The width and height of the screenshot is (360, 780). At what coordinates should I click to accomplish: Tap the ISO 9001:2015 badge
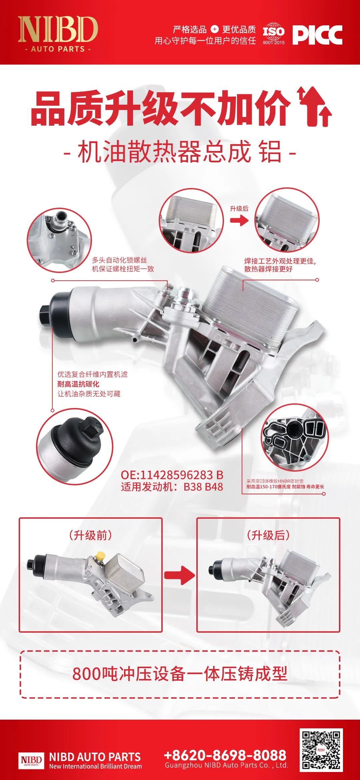click(x=274, y=34)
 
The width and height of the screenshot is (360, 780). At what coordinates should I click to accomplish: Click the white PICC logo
click(x=317, y=35)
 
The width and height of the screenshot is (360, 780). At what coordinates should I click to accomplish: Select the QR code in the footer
click(x=321, y=749)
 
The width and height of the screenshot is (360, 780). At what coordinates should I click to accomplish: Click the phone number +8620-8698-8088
click(x=225, y=755)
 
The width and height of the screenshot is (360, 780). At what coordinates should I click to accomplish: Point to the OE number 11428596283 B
click(x=172, y=475)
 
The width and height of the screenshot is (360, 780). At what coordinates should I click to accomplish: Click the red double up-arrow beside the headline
click(x=315, y=107)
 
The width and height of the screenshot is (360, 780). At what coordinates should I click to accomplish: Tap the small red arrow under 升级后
click(x=239, y=220)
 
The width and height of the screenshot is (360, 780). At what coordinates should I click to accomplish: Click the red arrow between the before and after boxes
click(x=179, y=575)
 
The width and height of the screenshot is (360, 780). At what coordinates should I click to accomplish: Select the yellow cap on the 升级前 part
click(x=100, y=556)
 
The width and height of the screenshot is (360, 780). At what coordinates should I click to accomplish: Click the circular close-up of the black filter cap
click(x=75, y=447)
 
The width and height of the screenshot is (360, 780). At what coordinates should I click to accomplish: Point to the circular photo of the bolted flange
click(x=59, y=240)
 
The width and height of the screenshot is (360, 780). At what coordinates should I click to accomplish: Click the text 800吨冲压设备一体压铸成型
click(x=180, y=674)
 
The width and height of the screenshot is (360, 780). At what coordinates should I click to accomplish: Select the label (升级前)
click(x=91, y=535)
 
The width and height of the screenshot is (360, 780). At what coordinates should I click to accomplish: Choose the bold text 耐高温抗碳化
click(x=78, y=384)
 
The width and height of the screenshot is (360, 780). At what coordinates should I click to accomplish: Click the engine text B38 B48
click(x=203, y=487)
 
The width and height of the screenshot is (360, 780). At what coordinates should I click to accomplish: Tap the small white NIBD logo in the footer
click(x=31, y=760)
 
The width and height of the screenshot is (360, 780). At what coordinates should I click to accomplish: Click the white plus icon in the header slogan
click(x=215, y=29)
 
